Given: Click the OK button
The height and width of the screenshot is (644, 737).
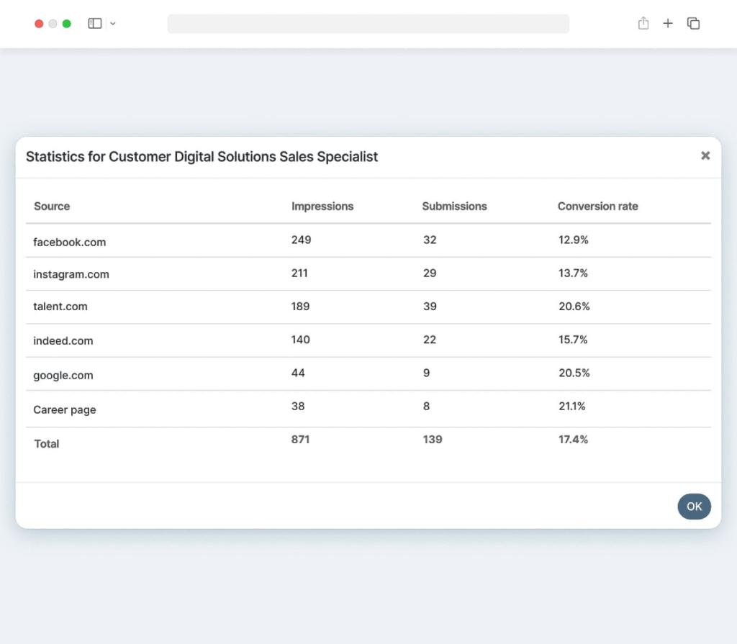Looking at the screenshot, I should (694, 507).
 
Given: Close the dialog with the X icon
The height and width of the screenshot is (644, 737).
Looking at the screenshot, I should (705, 155).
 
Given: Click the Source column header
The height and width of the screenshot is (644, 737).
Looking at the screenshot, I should (52, 207).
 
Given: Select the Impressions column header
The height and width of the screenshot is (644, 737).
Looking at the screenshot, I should (322, 207).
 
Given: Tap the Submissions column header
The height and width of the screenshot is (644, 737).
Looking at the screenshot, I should (454, 207).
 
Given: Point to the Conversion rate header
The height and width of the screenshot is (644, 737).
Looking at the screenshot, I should (597, 207).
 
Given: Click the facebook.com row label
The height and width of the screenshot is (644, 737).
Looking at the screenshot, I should (69, 242).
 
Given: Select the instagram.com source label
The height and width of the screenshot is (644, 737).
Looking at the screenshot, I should (71, 274).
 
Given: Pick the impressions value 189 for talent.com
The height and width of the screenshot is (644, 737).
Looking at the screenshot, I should (300, 307).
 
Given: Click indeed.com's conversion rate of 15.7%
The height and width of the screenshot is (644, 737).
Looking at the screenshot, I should (573, 340).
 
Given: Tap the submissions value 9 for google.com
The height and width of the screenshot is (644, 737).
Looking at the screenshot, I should (426, 373).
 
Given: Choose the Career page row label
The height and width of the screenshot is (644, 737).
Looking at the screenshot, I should (65, 410).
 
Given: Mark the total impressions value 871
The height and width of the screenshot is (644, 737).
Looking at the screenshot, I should (300, 439).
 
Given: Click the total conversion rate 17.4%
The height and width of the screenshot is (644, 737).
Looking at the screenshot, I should (573, 439).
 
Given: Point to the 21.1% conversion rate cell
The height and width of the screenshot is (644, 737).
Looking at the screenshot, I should (571, 406).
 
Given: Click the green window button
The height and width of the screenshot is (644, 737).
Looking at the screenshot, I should (67, 24).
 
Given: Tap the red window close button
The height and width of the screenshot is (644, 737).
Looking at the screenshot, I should (39, 24).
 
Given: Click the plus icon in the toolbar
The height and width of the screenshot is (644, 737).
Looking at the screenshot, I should (668, 24).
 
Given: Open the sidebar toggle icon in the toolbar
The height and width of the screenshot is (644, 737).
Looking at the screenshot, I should (95, 24).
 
